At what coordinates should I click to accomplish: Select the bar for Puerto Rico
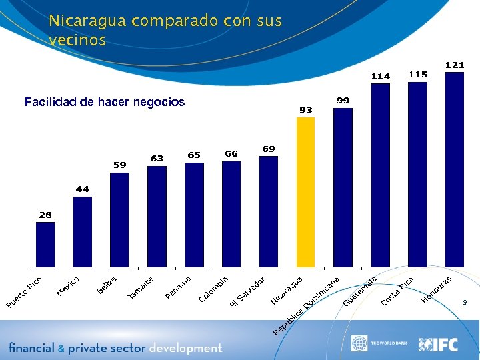45,245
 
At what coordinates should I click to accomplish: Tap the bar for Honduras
455,170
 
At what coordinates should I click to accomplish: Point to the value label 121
455,65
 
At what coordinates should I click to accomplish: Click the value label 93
306,110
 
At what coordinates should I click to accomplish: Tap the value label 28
45,215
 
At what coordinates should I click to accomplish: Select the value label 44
83,189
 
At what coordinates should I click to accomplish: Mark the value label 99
343,100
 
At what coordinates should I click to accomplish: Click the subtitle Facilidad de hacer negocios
105,102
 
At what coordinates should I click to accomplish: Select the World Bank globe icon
359,344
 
